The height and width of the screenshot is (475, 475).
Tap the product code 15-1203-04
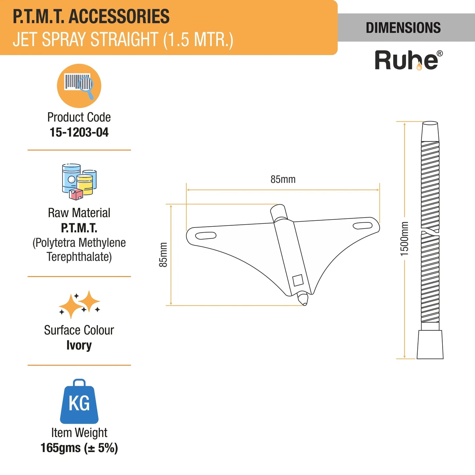click(x=79, y=132)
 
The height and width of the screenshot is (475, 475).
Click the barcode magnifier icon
click(x=79, y=86)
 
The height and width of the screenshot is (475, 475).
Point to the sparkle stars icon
click(x=79, y=304)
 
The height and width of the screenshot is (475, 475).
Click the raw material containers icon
click(x=79, y=182)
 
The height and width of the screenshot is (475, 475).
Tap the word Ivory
click(x=79, y=345)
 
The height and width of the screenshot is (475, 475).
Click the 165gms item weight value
click(x=79, y=448)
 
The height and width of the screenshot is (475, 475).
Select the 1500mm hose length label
click(x=404, y=239)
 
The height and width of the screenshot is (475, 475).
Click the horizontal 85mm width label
click(x=283, y=179)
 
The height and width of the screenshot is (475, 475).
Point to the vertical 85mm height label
click(x=163, y=255)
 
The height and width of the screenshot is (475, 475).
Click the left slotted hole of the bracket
click(x=206, y=235)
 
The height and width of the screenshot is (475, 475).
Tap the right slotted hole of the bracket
click(x=363, y=225)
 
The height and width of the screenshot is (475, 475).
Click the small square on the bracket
click(x=298, y=280)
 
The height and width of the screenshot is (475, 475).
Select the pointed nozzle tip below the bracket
click(x=303, y=298)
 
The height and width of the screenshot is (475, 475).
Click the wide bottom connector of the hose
click(x=430, y=344)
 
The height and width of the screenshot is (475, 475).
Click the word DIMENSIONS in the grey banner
click(x=403, y=28)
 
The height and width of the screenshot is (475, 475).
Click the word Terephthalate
click(x=79, y=257)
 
